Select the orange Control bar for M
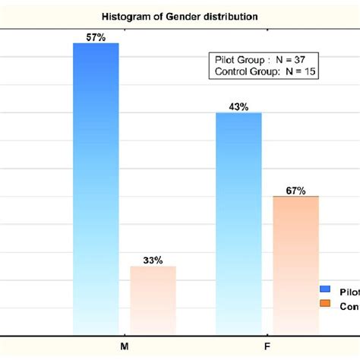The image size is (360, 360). (153, 299)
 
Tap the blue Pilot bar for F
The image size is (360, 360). (238, 223)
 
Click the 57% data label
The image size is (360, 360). (96, 36)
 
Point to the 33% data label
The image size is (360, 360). (153, 260)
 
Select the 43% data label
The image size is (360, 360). (238, 106)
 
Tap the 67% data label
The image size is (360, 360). (295, 191)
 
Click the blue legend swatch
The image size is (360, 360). (326, 289)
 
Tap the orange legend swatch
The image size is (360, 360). (326, 304)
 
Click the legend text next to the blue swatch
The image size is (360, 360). (349, 291)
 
